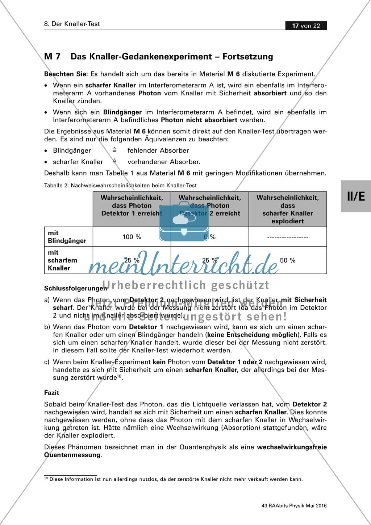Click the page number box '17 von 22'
pyautogui.click(x=306, y=26)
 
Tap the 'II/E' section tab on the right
pyautogui.click(x=356, y=197)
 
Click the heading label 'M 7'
pyautogui.click(x=52, y=57)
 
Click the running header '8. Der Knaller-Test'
pyautogui.click(x=72, y=24)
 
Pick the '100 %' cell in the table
pyautogui.click(x=132, y=237)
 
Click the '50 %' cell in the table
pyautogui.click(x=288, y=260)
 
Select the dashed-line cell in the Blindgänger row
pyautogui.click(x=288, y=237)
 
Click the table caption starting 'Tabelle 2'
pyautogui.click(x=120, y=185)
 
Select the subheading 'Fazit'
pyautogui.click(x=51, y=393)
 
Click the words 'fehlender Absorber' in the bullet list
pyautogui.click(x=158, y=150)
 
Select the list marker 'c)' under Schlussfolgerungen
pyautogui.click(x=47, y=362)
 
